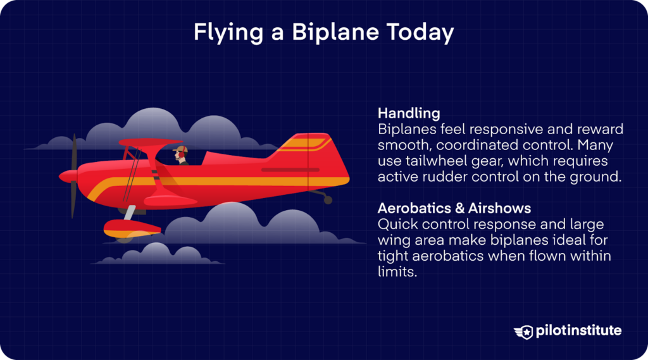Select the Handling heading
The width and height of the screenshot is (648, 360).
tap(409, 113)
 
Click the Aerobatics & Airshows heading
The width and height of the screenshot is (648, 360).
tap(454, 208)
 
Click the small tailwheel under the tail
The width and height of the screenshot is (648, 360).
tap(327, 200)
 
